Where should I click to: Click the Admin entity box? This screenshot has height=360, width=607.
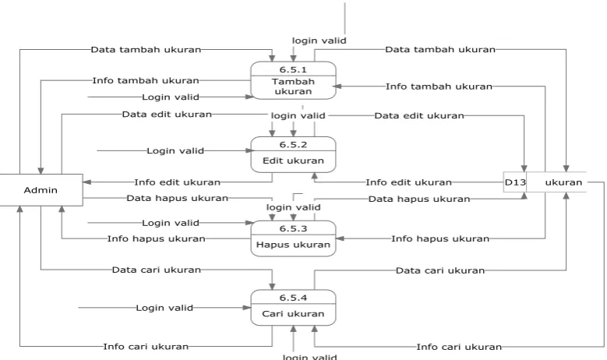(41, 190)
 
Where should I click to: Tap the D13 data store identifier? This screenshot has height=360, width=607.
(515, 182)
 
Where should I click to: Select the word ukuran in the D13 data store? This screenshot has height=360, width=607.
(563, 182)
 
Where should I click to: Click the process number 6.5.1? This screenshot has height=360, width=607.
(293, 69)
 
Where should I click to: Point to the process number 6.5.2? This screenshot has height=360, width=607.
(293, 145)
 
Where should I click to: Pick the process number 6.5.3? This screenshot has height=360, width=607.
(293, 229)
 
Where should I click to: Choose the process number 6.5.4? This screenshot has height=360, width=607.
(293, 298)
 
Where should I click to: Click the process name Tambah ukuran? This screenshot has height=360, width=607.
(293, 86)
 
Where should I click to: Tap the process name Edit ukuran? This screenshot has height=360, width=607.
(293, 161)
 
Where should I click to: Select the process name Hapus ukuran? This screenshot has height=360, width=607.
(293, 245)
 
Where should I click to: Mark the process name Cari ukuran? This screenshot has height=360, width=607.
(293, 313)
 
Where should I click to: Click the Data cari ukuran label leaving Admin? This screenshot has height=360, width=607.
(157, 270)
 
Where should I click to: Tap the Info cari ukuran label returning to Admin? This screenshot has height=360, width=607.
(146, 347)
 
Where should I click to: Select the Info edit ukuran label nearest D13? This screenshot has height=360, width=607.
(409, 182)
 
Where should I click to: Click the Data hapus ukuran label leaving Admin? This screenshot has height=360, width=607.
(178, 198)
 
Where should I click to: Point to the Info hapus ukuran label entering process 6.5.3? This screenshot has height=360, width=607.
(440, 238)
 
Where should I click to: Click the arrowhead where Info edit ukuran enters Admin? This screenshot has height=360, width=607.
(86, 182)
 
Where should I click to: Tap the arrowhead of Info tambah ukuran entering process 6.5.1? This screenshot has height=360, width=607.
(337, 86)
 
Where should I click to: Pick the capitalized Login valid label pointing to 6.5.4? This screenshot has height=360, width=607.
(164, 308)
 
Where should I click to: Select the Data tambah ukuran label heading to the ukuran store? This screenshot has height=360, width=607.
(440, 50)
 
